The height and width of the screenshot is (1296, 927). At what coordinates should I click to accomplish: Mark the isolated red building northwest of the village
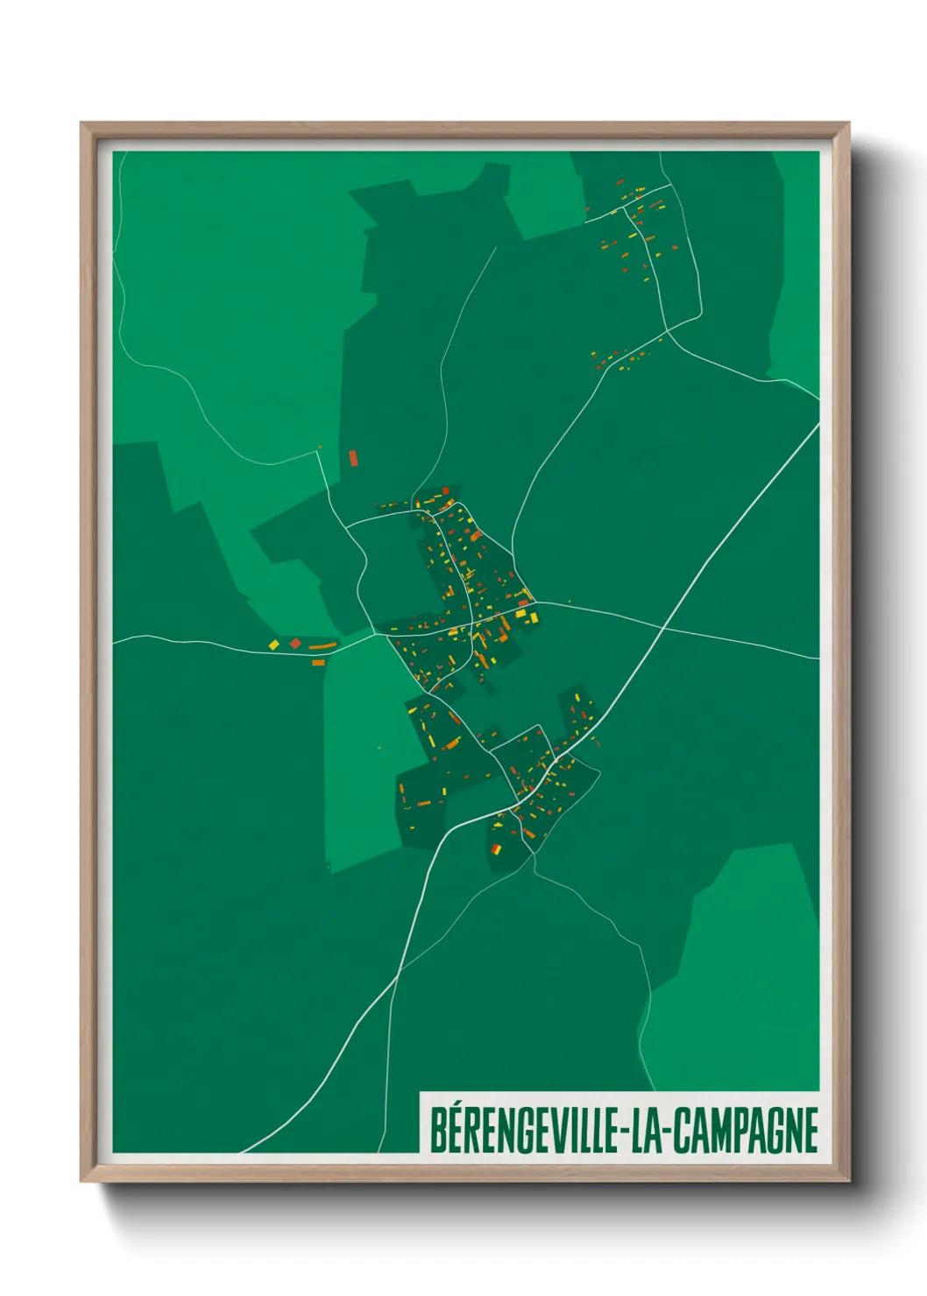click(353, 457)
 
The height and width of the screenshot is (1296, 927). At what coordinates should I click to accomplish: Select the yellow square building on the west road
click(273, 645)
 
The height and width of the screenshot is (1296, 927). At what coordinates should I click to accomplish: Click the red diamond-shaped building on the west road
click(295, 644)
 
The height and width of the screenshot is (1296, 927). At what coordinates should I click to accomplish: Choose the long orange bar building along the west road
click(322, 646)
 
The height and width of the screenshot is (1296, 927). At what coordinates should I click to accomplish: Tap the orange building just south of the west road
click(319, 663)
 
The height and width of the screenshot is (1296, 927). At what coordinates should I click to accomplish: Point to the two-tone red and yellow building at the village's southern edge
click(496, 849)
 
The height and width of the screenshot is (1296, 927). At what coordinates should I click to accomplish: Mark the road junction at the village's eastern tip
click(537, 602)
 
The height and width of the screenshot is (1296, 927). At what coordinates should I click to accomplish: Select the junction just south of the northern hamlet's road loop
click(667, 330)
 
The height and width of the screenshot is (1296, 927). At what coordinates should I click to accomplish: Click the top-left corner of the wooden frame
click(81, 123)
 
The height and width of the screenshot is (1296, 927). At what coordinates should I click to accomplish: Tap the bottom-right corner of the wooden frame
click(848, 1180)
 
